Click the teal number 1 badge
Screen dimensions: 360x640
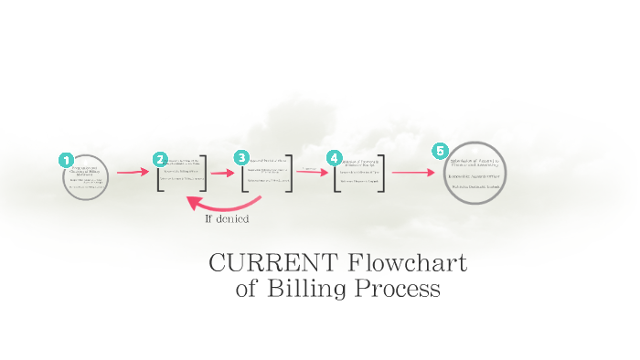coord(66,160)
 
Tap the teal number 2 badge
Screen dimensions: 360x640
coord(160,159)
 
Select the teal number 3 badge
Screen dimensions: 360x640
coord(241,157)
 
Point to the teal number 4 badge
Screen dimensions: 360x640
coord(334,157)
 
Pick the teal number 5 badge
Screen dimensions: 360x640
coord(441,150)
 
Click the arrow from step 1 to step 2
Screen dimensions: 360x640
coord(132,172)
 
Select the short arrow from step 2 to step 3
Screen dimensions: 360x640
coord(223,172)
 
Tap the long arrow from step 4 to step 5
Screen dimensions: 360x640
coord(413,172)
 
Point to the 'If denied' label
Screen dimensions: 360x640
coord(227,219)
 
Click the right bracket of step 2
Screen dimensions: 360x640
coord(204,173)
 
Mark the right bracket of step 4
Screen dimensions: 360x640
coord(381,173)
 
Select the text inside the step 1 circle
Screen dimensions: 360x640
coord(86,177)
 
